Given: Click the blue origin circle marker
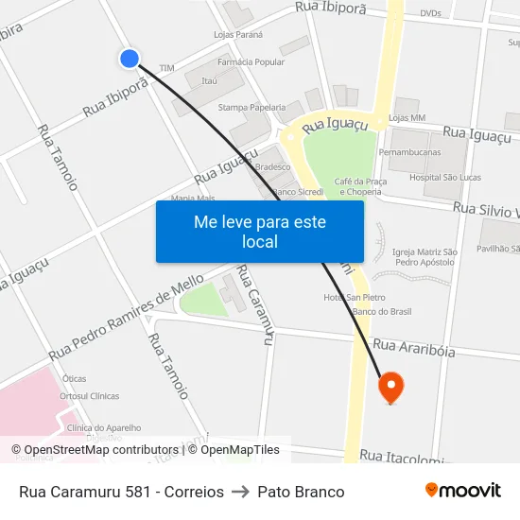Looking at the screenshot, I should (130, 59).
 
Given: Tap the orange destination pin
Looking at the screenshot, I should (390, 387).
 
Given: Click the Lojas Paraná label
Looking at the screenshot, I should (238, 35).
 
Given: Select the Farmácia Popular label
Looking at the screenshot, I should (251, 62).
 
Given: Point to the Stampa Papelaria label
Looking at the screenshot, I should (251, 107).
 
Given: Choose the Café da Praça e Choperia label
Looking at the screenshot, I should (356, 185).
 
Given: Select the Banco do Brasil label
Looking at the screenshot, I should (381, 312).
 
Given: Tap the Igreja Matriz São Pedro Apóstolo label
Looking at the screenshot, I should (425, 257).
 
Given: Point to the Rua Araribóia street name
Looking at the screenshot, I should (414, 349).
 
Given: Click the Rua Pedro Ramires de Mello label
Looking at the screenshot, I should (126, 316).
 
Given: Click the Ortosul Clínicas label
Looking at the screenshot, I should (89, 396).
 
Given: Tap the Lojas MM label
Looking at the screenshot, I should (407, 118).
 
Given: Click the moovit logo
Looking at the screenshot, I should (462, 491).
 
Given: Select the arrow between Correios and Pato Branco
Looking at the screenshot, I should (240, 492).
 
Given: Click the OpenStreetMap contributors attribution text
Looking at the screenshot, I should (95, 450).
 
